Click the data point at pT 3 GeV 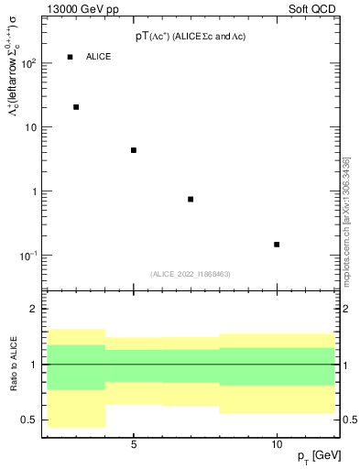point(76,107)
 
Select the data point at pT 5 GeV point(134,150)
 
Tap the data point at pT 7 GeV point(191,199)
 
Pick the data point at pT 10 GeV point(277,245)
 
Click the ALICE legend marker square point(70,57)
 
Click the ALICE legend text point(99,57)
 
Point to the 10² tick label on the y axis point(28,63)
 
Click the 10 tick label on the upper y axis point(30,127)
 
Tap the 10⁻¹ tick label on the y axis point(28,256)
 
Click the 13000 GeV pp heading point(81,9)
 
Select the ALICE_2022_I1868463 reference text point(191,274)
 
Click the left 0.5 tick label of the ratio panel point(30,420)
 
